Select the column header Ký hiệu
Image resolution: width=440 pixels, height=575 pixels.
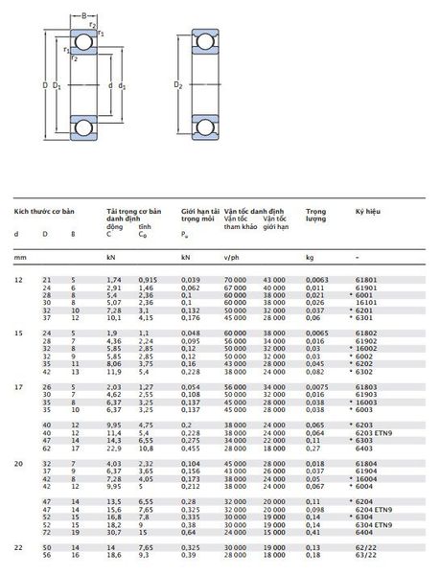[x=368, y=210]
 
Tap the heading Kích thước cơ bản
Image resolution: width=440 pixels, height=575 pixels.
[x=43, y=210]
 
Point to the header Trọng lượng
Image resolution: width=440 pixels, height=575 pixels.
[x=315, y=215]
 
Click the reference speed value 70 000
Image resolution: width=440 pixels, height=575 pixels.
[x=236, y=279]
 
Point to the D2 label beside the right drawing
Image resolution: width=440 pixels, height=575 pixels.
[x=178, y=86]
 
